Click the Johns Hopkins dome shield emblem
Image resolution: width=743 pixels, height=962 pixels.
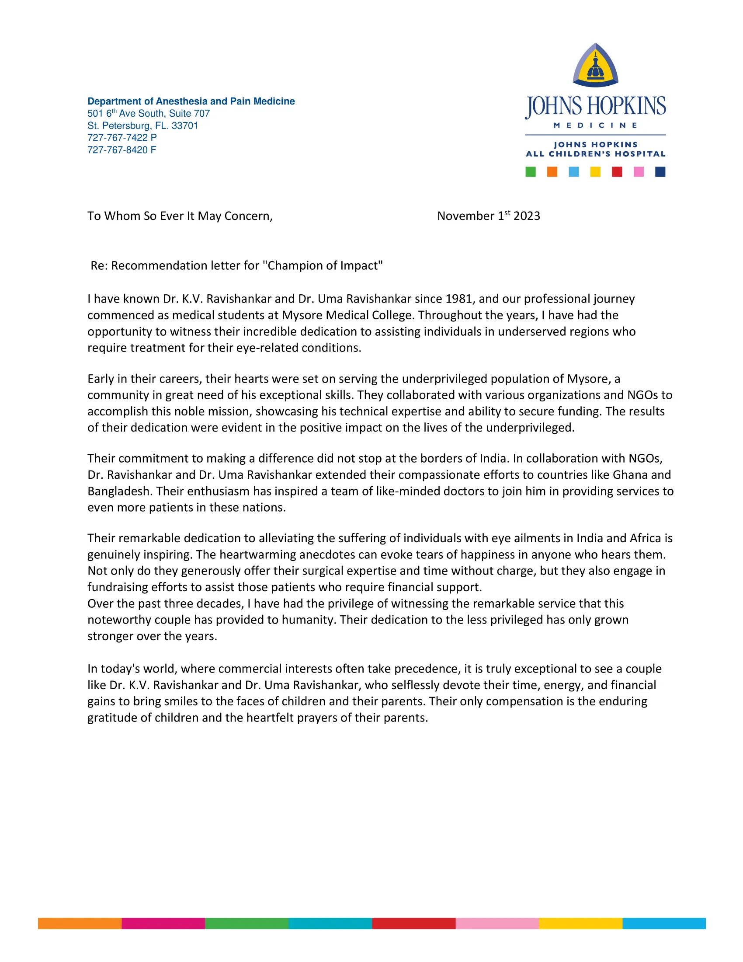pyautogui.click(x=595, y=65)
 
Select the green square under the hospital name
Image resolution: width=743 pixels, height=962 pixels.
pyautogui.click(x=531, y=172)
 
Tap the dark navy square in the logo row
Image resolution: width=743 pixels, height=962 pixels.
pyautogui.click(x=660, y=172)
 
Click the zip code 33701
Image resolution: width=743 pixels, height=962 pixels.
pyautogui.click(x=185, y=126)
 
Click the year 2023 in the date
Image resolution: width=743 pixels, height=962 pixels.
pyautogui.click(x=527, y=216)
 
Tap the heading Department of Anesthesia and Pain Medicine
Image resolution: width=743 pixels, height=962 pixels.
pyautogui.click(x=191, y=101)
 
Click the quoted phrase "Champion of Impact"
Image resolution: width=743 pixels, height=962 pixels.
pyautogui.click(x=323, y=266)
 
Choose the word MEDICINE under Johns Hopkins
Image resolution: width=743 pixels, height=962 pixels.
pyautogui.click(x=595, y=125)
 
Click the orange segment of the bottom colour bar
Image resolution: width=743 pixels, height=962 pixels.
pyautogui.click(x=79, y=924)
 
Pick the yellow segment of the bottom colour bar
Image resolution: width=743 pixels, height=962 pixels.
pyautogui.click(x=580, y=924)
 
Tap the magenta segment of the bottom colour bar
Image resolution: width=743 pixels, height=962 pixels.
pyautogui.click(x=163, y=924)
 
